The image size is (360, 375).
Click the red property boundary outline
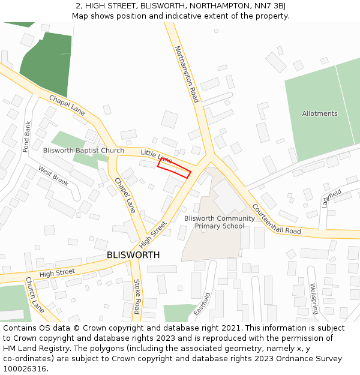point(174,168)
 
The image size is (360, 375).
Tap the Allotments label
point(319,113)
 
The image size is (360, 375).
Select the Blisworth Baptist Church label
point(83,151)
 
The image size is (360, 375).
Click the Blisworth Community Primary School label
point(214,222)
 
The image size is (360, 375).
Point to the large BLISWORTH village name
point(133,255)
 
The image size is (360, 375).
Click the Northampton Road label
point(187,73)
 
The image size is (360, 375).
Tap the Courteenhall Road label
point(276,219)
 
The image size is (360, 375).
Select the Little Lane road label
point(156,157)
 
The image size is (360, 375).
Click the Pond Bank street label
point(26,136)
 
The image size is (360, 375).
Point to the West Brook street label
point(53,175)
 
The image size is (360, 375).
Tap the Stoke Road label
point(137,296)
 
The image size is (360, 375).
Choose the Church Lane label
point(35,294)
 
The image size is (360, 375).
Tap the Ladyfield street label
point(331,198)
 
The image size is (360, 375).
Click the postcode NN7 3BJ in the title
point(269,6)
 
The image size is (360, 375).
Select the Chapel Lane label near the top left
point(67,106)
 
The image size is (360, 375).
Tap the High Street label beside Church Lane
point(57,273)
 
